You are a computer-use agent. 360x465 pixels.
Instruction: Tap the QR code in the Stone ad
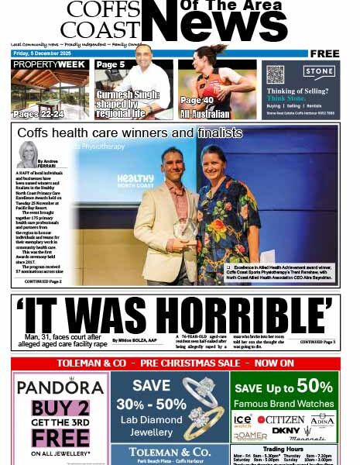[x=276, y=74]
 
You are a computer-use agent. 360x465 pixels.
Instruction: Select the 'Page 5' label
[x=111, y=64]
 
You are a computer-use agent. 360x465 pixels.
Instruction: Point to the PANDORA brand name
[x=60, y=387]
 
